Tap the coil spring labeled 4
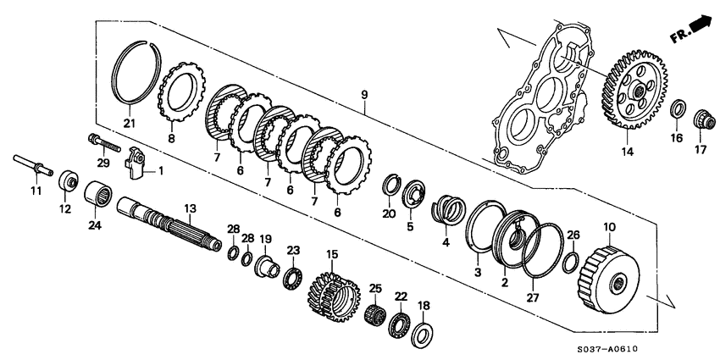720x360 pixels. click(447, 213)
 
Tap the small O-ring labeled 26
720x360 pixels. click(572, 258)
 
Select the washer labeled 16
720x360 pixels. click(678, 110)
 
